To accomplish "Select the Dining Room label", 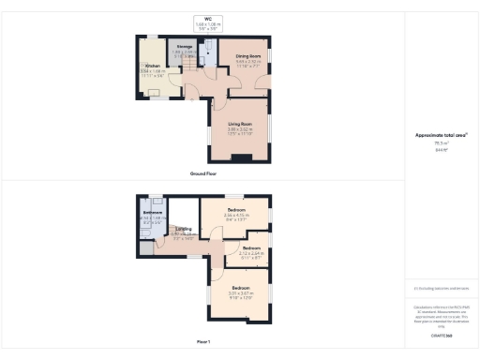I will pos(247,56).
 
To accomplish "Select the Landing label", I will pos(185,228).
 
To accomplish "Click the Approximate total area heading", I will pos(441,135).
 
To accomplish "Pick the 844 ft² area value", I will pos(441,150).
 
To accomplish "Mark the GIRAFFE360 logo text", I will pos(441,335).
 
